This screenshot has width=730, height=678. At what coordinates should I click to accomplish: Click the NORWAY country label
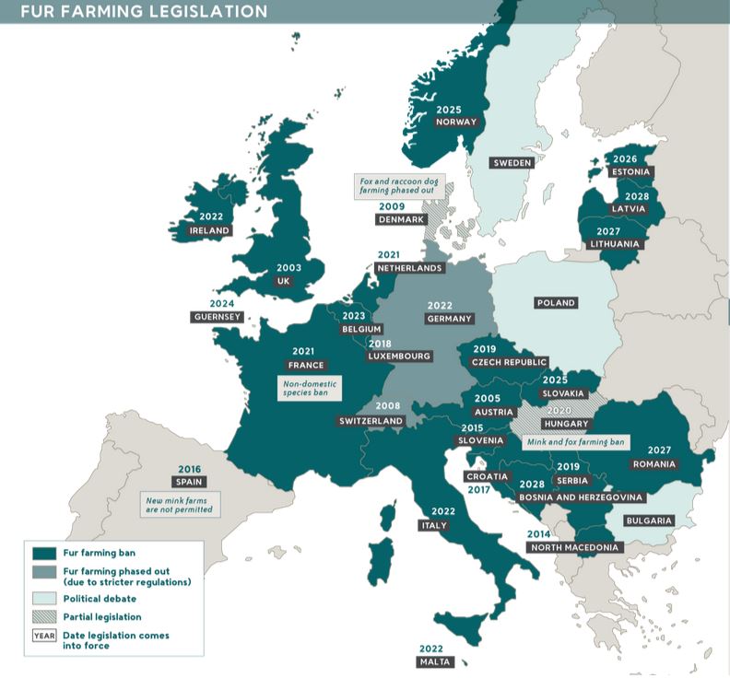point(456,122)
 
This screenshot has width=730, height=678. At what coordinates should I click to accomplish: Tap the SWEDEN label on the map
point(512,163)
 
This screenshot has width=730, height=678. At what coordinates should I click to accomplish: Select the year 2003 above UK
point(288,268)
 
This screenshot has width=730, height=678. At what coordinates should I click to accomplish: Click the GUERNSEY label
point(217,317)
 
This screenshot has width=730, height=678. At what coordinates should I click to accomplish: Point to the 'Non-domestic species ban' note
point(310,387)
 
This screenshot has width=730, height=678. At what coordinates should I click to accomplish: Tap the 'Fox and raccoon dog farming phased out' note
point(395,188)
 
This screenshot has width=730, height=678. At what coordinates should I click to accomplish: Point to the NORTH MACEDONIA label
point(575,547)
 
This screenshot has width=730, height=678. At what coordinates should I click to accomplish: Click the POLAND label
point(555,302)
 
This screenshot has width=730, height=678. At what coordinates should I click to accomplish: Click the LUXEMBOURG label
point(399,356)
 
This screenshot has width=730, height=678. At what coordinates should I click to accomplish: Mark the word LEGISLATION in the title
point(202,11)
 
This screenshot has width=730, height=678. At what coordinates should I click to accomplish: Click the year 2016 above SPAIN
point(188,469)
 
